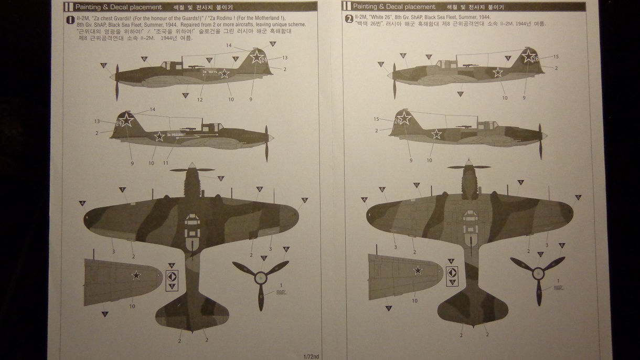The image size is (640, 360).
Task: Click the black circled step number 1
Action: click(70, 20)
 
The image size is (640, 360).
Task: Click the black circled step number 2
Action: click(347, 20)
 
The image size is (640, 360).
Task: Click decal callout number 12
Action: click(200, 100)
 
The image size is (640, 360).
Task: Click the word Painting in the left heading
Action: click(89, 7)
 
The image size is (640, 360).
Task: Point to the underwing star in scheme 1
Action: click(136, 275)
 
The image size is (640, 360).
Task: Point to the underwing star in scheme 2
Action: click(418, 270)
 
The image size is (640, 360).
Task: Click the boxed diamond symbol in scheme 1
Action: click(172, 276)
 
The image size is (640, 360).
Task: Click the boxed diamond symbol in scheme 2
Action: click(452, 272)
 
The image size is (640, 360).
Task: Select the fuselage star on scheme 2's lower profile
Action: click(436, 134)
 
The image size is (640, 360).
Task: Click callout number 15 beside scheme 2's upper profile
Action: click(556, 57)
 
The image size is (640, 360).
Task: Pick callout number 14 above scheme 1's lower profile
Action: click(153, 109)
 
